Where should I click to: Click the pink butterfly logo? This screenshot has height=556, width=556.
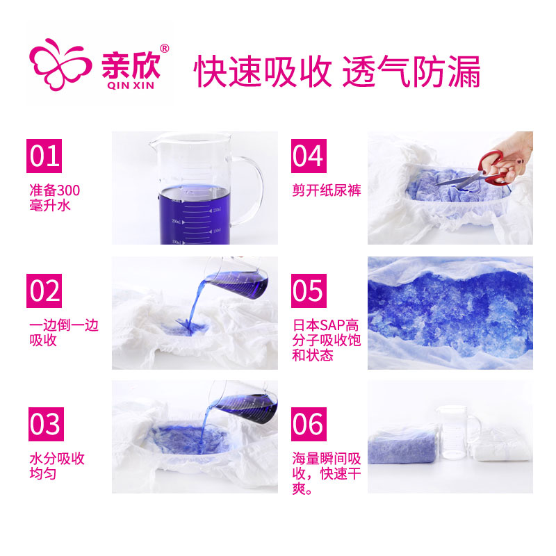tap(60, 65)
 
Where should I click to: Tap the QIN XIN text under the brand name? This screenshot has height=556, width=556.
tap(131, 85)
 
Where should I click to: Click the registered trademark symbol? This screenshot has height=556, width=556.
tap(165, 48)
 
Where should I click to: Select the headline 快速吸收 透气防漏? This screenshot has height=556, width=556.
tap(337, 72)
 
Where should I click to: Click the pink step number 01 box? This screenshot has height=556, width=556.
tap(44, 156)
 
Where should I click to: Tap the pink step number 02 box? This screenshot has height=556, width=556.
tap(44, 291)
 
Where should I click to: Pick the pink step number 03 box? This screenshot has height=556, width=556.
tap(46, 424)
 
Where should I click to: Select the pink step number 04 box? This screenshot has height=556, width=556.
tap(309, 156)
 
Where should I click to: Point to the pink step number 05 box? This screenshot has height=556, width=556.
tap(309, 291)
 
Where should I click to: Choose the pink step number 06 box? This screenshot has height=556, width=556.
tap(309, 424)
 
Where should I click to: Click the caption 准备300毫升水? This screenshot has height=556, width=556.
tap(55, 198)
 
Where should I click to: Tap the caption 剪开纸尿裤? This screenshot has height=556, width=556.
tap(327, 190)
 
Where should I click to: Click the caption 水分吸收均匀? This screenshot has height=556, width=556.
tap(57, 466)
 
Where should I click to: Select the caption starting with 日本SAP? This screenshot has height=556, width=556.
tap(327, 340)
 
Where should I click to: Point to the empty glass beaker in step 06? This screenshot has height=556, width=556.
tap(457, 432)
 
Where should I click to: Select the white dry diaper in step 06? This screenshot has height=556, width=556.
tap(502, 445)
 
